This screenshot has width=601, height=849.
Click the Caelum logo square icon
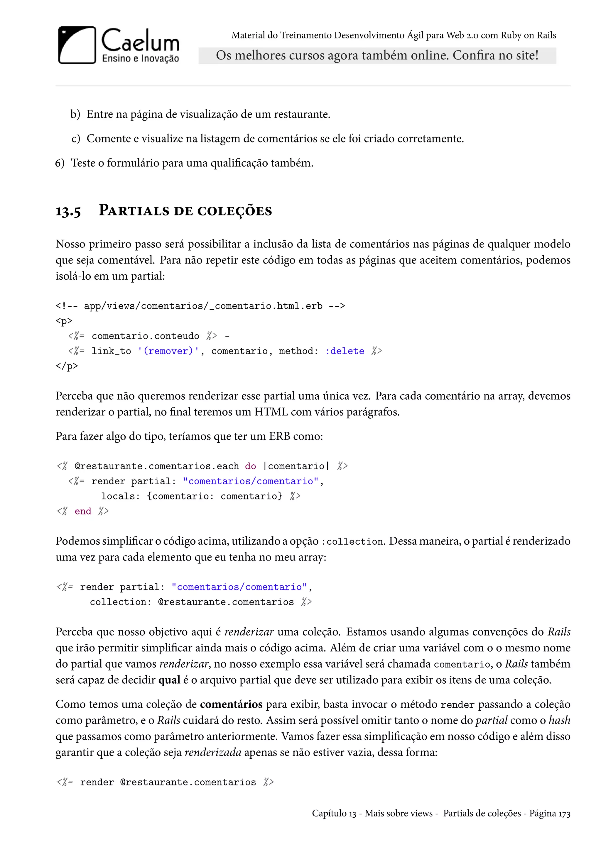pos(77,45)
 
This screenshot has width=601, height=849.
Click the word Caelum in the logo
pos(140,41)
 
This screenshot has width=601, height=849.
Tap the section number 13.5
pos(68,211)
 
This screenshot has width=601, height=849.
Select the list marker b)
pos(75,114)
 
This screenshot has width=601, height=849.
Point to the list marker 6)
pos(60,163)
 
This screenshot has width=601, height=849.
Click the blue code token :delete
pos(345,351)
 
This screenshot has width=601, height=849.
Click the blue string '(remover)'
pos(168,351)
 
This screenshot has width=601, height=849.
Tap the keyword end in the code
pos(83,511)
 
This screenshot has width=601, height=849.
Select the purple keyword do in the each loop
pos(251,466)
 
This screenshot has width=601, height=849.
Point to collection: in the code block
pos(121,602)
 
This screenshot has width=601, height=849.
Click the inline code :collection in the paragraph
pos(353,542)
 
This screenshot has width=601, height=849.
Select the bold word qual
pos(169,680)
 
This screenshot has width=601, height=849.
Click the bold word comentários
pos(231,704)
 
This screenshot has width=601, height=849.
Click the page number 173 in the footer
pos(564,813)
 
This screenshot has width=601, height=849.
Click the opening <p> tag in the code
pos(64,321)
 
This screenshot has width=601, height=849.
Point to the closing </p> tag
pos(67,366)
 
